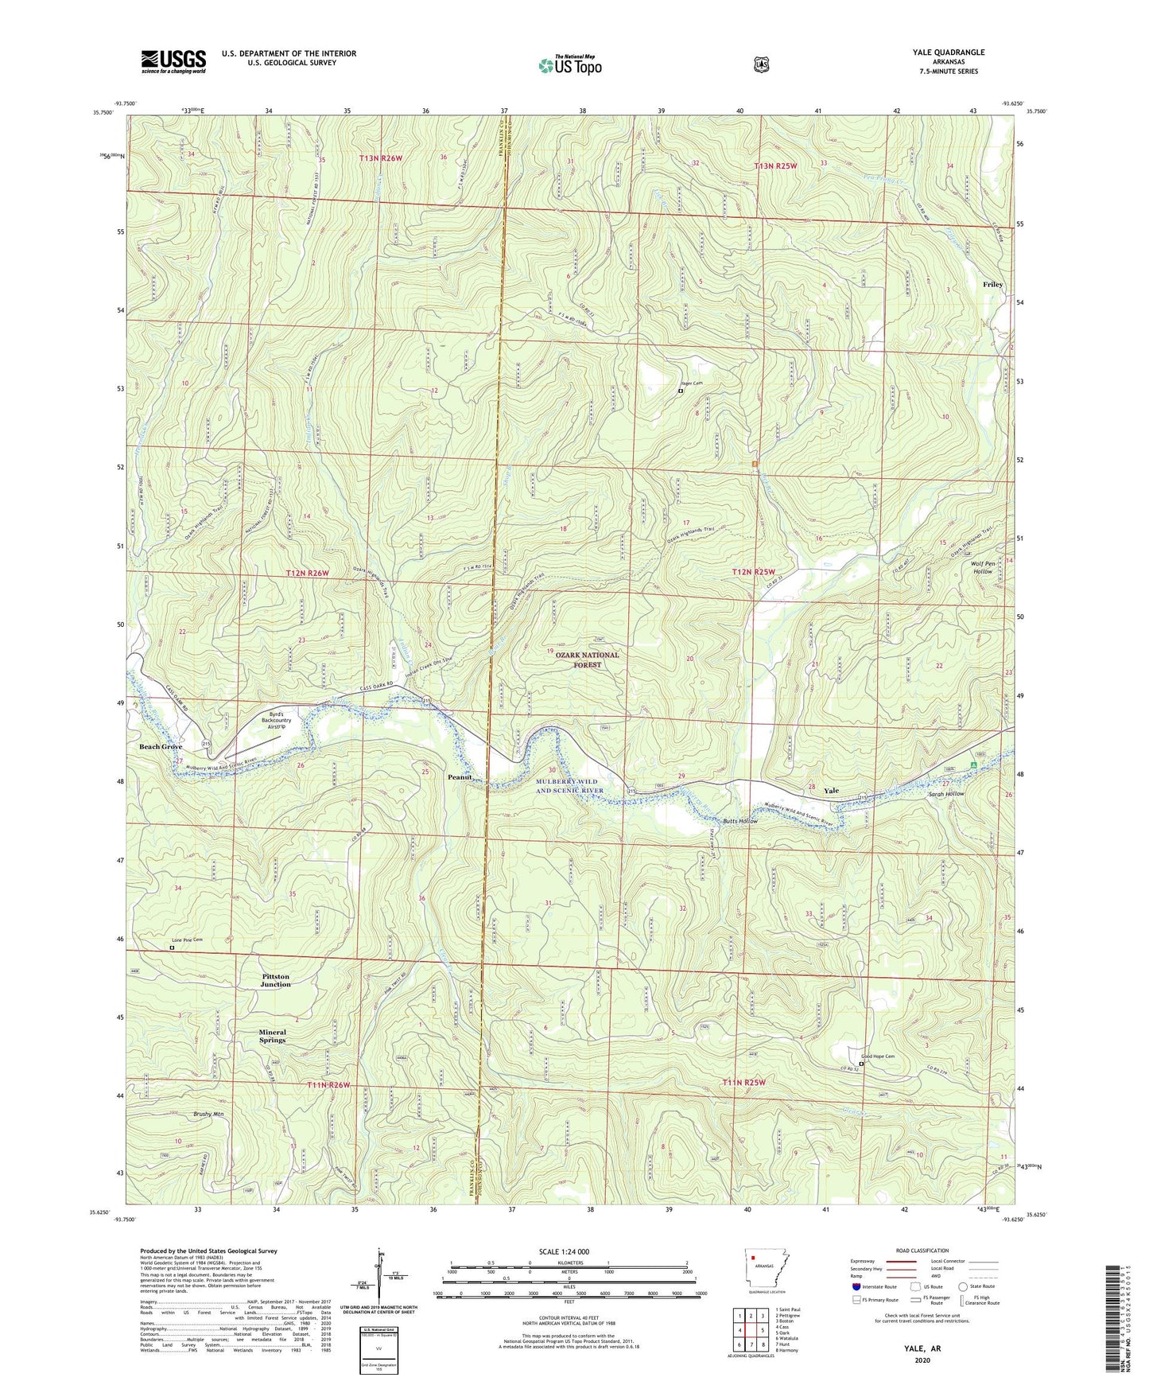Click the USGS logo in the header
[173, 61]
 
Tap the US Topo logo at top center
[569, 65]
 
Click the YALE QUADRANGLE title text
[948, 53]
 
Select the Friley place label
[992, 284]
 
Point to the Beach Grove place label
[161, 747]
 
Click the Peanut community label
[460, 776]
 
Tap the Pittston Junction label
[276, 980]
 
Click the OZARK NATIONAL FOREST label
[587, 659]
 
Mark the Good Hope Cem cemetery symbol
[862, 1063]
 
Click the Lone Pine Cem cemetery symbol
[172, 947]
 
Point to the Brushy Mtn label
[208, 1115]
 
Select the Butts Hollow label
[739, 821]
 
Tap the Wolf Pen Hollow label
[982, 567]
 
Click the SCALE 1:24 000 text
[564, 1251]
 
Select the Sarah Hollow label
[945, 794]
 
